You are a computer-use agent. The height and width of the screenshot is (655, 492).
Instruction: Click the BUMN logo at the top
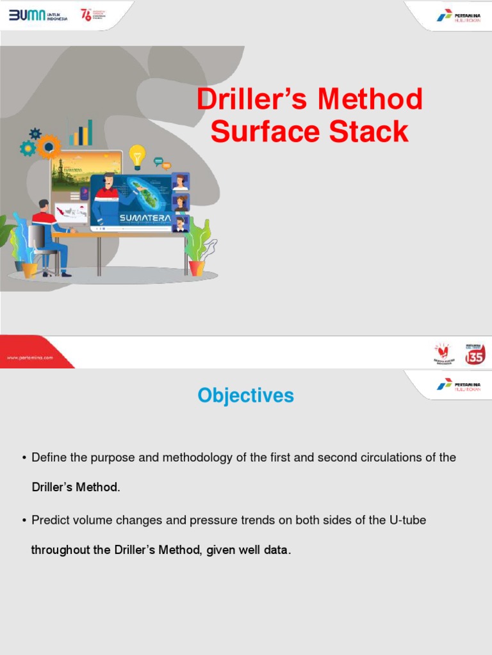coord(38,15)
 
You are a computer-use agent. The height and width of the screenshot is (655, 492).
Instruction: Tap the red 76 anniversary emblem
coord(85,15)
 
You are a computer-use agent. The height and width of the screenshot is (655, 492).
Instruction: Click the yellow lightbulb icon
coord(137,155)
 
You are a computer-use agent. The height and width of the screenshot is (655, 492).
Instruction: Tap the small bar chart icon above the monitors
coord(81,133)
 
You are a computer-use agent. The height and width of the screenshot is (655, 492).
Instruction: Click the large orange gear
coord(48,146)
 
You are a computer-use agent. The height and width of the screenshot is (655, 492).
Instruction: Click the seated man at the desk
coord(50,233)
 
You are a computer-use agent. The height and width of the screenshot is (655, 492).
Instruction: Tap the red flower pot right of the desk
coord(197,267)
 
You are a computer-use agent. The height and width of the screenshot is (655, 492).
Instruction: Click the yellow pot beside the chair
coord(30,269)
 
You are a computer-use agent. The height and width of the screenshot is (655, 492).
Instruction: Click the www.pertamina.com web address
coord(30,358)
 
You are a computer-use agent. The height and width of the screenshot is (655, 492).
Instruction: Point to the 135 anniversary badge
coord(475,354)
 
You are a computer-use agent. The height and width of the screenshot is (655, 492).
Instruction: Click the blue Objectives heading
coord(246,396)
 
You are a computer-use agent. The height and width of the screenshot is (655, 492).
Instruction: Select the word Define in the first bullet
coord(48,458)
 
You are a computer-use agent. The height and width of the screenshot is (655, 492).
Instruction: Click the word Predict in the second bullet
coord(49,521)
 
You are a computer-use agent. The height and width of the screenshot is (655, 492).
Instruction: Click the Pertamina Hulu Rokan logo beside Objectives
coord(459,384)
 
